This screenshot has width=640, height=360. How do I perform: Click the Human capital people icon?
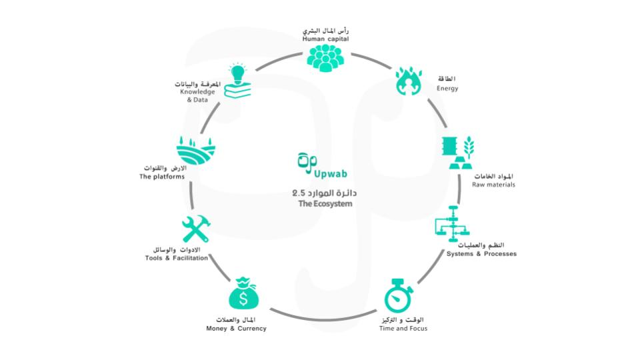click(x=325, y=57)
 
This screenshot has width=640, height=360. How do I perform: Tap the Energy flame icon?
click(x=408, y=81)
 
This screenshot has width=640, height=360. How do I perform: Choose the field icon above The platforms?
click(x=196, y=149)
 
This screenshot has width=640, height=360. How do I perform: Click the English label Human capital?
click(x=325, y=39)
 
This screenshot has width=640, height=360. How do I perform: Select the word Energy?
click(x=447, y=89)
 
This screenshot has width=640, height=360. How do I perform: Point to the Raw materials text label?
click(x=493, y=184)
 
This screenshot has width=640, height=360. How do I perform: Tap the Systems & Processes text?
click(x=481, y=254)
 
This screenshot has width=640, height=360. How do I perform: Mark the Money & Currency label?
click(x=237, y=329)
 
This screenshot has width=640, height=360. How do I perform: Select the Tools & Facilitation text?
click(x=177, y=258)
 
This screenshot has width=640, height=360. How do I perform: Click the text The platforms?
click(x=162, y=177)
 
